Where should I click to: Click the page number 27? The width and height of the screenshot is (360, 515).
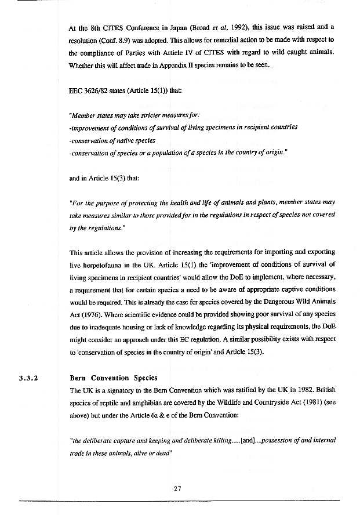(178, 488)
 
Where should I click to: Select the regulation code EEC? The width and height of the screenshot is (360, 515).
(77, 90)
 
